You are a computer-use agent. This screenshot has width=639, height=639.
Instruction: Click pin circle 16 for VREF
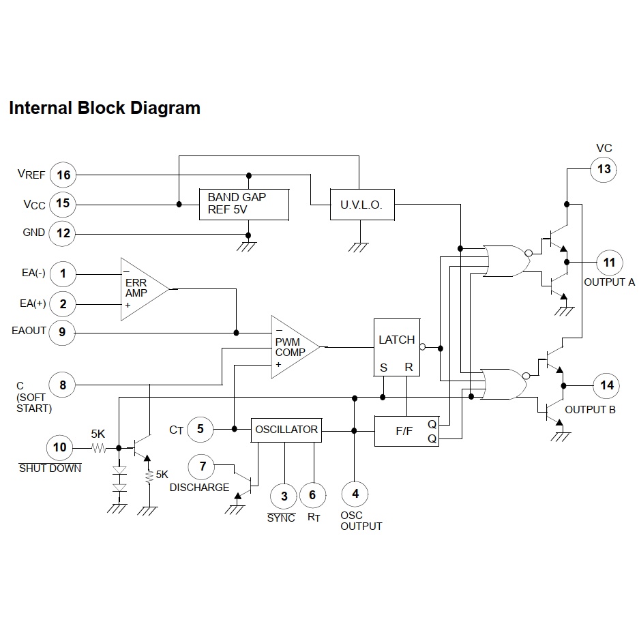coord(63,175)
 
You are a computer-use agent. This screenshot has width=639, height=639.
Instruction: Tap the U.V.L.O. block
coord(361,205)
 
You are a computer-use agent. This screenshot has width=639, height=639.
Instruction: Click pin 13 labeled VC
coord(604,169)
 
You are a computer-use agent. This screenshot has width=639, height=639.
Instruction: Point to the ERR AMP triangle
coord(142,289)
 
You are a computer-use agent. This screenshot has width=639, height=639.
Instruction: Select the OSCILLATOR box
coord(286,430)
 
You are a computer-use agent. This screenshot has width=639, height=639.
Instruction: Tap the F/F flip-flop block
coord(406,430)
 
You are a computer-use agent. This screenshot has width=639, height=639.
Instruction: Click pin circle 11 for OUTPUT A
coord(609,262)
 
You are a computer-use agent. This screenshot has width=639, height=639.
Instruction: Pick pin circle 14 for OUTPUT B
coord(607,385)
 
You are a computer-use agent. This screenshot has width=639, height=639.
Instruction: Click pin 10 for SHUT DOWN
coord(60,447)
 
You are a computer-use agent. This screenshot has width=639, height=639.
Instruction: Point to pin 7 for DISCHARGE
coord(202,467)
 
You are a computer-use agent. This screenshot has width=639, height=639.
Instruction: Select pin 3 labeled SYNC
coord(284,495)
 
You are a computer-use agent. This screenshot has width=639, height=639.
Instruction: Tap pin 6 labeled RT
coord(312,495)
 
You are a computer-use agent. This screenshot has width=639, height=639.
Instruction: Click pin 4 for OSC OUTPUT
coord(355,494)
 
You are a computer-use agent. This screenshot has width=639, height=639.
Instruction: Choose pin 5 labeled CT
coord(200,429)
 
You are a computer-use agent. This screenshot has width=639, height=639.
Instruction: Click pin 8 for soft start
coord(63,385)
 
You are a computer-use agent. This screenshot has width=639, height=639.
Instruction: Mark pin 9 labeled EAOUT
coord(62,332)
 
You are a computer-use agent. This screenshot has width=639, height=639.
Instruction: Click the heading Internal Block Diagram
coord(104,108)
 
